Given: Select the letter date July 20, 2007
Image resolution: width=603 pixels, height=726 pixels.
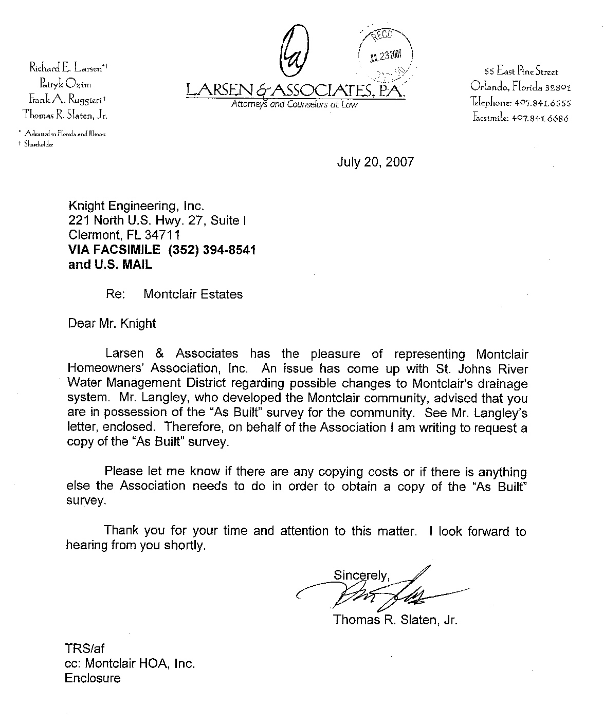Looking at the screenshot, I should (x=375, y=162).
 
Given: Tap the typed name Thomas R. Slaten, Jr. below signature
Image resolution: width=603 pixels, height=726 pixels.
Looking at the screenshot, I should (x=395, y=620).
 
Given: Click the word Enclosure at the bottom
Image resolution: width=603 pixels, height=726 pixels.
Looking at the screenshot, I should (x=93, y=678).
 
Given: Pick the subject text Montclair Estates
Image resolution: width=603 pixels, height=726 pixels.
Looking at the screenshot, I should (x=193, y=294).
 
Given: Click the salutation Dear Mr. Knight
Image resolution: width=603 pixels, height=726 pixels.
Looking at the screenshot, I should (x=112, y=324).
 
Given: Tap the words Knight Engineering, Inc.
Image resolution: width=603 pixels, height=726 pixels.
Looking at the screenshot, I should (x=136, y=206).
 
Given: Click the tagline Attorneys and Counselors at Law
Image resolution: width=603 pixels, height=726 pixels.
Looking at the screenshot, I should (x=294, y=105).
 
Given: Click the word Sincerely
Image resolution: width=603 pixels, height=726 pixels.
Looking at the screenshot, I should (x=361, y=574).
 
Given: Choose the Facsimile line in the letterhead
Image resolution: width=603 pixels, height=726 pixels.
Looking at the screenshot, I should (x=520, y=118).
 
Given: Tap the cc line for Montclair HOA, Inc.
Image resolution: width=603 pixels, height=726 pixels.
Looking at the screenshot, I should (x=130, y=663).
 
